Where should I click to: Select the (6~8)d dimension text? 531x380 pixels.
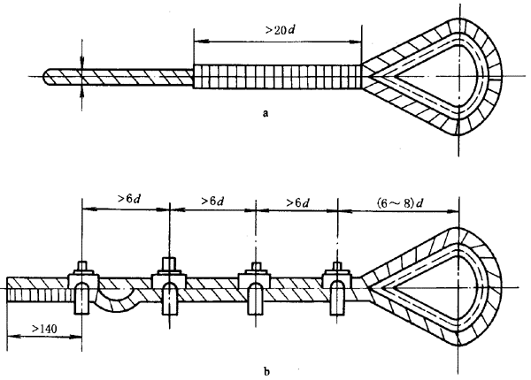[x=398, y=203]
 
